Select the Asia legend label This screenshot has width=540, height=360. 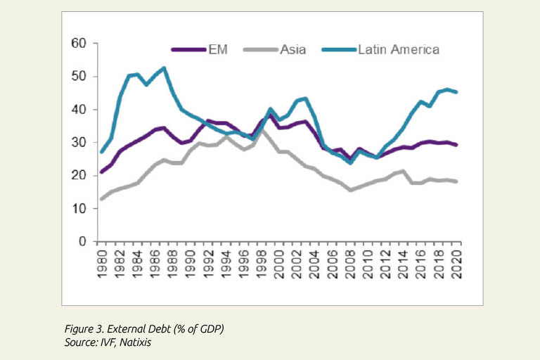click(x=292, y=49)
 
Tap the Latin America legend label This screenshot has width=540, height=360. click(x=398, y=49)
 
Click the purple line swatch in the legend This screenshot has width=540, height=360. click(x=188, y=49)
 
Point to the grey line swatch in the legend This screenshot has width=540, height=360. click(x=260, y=49)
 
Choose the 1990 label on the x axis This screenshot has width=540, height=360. click(x=190, y=262)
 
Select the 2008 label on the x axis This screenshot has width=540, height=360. click(x=350, y=262)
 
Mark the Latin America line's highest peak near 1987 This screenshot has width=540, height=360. click(x=163, y=68)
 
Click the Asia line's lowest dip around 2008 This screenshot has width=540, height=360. click(x=349, y=190)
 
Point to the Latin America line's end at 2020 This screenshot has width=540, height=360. click(x=457, y=91)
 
